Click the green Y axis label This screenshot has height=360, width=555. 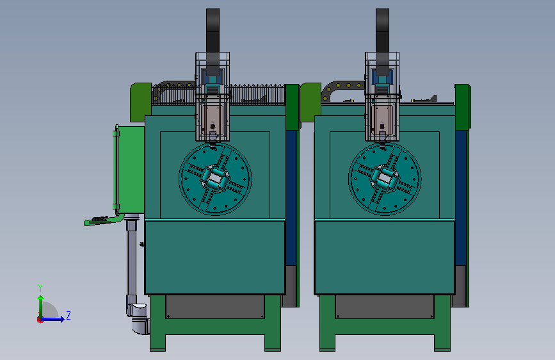40,288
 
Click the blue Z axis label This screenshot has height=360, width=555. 68,315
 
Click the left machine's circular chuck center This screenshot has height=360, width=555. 215,179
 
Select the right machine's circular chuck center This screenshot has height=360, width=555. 385,179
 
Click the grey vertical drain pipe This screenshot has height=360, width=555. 132,259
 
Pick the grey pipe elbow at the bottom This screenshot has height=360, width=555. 140,318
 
